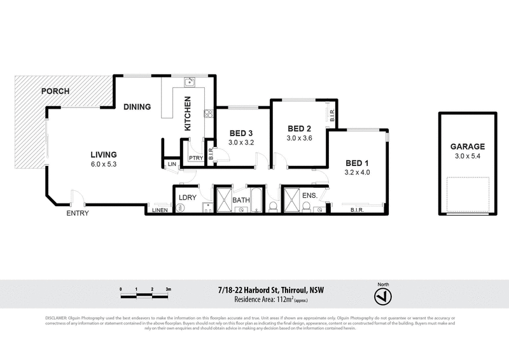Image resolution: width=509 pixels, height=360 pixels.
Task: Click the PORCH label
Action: [55, 91]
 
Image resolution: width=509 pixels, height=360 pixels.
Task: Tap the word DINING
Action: [137, 107]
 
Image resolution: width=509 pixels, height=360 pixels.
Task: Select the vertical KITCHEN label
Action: [188, 114]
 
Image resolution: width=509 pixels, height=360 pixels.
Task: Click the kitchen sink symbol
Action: [189, 82]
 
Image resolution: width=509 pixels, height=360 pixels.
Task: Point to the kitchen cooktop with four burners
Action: [207, 114]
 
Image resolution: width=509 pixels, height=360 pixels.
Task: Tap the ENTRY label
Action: [78, 213]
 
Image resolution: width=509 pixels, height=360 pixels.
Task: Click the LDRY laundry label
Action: [187, 197]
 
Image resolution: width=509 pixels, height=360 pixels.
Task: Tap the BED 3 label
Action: [241, 133]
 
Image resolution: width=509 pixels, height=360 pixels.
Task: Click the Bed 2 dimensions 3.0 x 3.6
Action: [299, 138]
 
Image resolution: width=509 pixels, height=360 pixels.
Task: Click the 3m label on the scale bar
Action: [168, 289]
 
